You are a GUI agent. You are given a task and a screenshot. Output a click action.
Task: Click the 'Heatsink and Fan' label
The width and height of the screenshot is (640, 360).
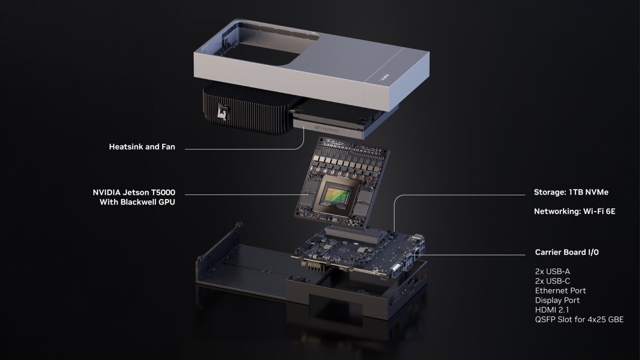click(142, 147)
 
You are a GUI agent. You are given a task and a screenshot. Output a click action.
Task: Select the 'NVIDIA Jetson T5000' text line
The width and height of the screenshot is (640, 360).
click(134, 192)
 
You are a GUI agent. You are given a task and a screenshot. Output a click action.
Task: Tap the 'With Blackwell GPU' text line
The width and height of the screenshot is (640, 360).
click(137, 202)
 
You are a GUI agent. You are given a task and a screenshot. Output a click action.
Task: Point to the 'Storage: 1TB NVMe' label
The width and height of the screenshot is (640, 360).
click(571, 192)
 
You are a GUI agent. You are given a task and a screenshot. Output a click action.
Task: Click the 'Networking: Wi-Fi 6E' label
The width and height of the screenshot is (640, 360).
click(574, 211)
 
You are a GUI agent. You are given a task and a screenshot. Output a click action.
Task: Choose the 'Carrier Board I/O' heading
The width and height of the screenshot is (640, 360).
click(566, 252)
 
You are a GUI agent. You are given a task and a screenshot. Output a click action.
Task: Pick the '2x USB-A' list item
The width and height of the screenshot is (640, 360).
click(552, 271)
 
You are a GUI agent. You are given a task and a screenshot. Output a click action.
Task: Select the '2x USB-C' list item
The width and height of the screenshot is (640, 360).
click(552, 281)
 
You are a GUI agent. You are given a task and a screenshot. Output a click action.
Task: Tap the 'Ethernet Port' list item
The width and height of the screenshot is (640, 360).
click(560, 290)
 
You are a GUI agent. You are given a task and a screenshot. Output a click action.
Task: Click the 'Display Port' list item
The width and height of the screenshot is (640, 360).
click(557, 300)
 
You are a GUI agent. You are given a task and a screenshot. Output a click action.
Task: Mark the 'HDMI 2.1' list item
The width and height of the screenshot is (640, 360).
click(552, 310)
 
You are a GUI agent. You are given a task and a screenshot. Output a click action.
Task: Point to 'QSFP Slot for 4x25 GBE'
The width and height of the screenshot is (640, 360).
click(579, 319)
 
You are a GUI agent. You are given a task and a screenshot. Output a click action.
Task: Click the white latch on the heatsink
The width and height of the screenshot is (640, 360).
click(221, 114)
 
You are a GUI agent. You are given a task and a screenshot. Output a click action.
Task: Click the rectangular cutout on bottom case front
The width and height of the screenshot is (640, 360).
click(335, 305)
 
